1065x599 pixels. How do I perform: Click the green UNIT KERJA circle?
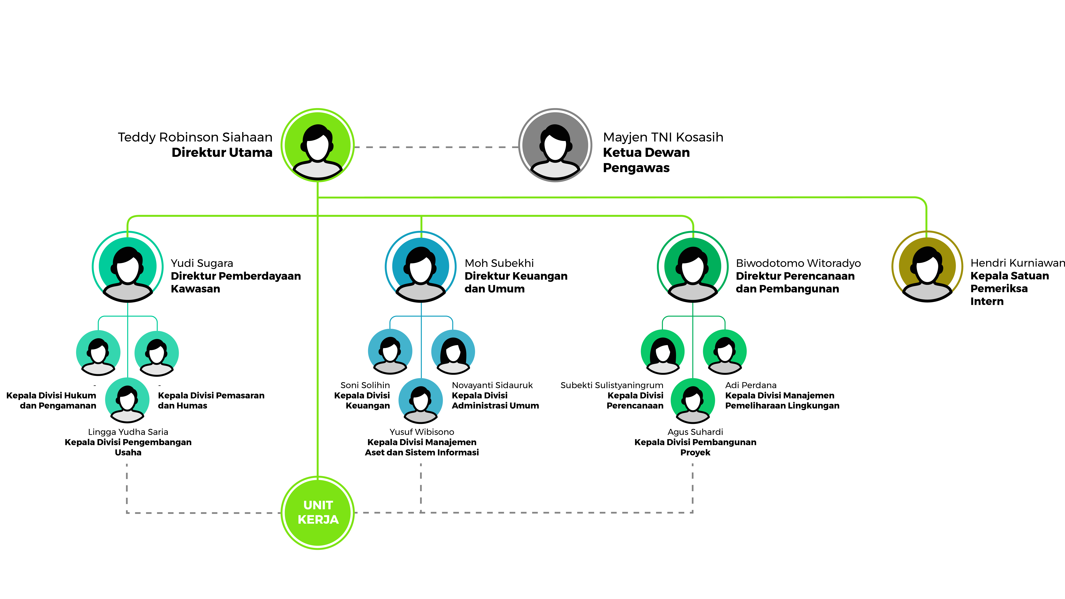[318, 513]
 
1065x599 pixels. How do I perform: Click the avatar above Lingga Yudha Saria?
[127, 400]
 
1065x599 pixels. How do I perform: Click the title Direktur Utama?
[222, 153]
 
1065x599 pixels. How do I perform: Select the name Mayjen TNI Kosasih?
[663, 137]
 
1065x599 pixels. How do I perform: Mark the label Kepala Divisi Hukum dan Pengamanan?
[51, 401]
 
